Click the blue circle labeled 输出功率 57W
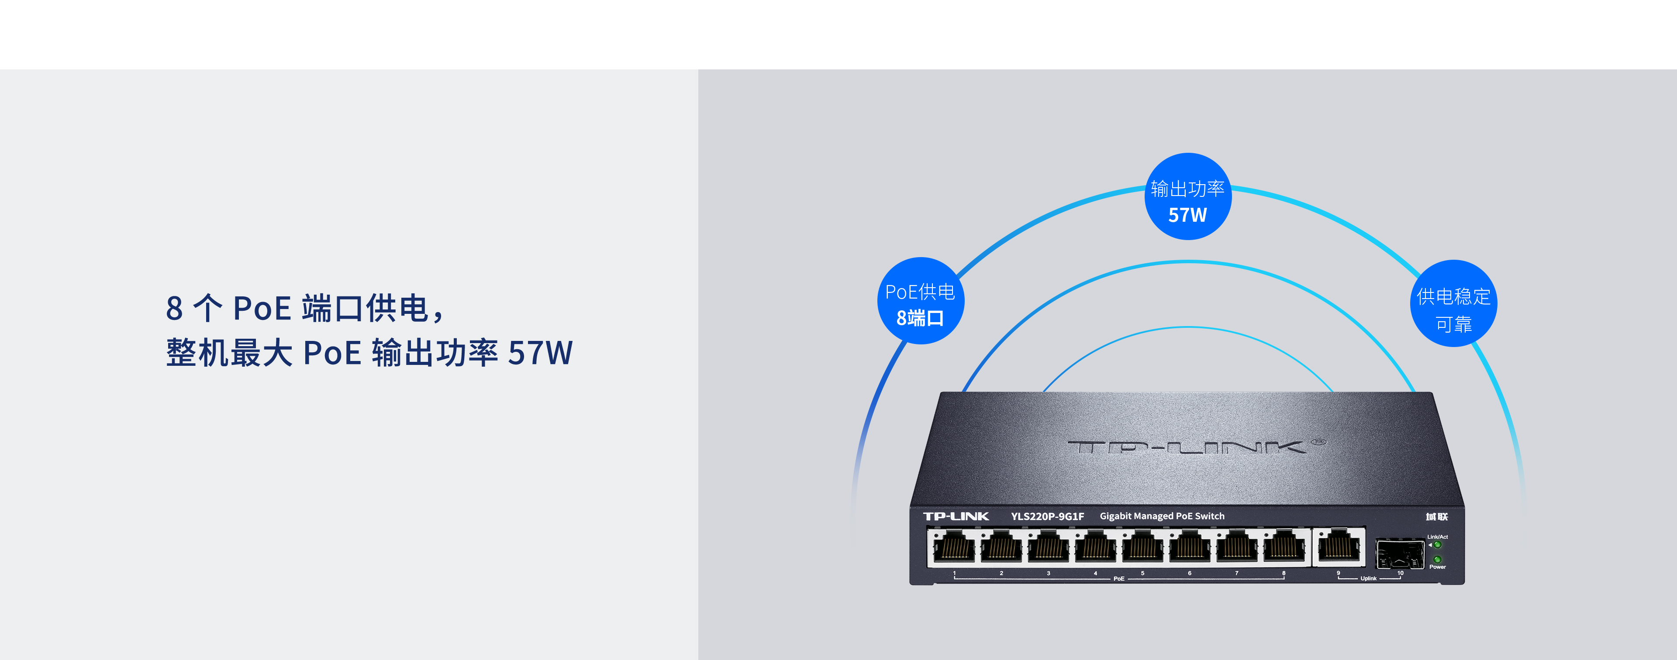(1187, 196)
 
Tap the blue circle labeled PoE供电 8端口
(920, 301)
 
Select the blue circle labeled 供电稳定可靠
(1453, 304)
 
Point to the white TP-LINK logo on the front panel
(956, 516)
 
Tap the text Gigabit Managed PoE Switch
(1161, 516)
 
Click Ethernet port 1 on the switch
(954, 547)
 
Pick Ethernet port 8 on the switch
(1284, 547)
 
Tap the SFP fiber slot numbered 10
(1398, 554)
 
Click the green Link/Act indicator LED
(1437, 545)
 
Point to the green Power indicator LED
(1437, 559)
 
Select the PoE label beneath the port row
(1118, 579)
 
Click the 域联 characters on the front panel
(1437, 517)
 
